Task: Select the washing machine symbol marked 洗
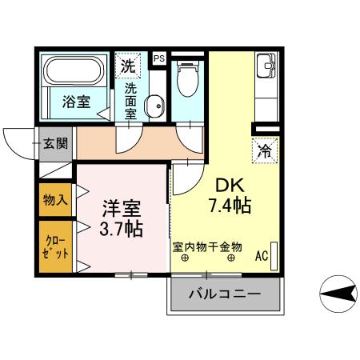128,66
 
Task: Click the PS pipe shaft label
158,58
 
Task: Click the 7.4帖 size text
230,206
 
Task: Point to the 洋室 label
122,210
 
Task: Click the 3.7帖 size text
122,230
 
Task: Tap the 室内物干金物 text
207,246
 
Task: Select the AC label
261,258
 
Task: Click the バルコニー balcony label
225,294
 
